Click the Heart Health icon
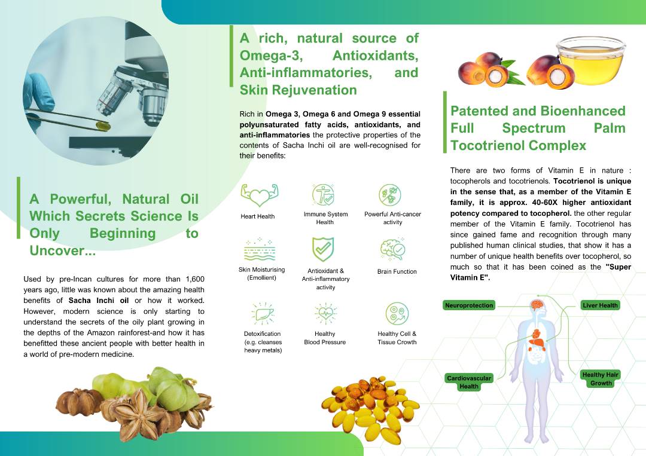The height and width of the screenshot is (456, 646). (x=259, y=195)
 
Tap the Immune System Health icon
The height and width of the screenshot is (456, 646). (x=324, y=195)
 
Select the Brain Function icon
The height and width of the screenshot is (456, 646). (x=392, y=249)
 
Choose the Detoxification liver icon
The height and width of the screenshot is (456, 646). (x=263, y=314)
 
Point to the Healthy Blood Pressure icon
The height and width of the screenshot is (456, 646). (x=325, y=314)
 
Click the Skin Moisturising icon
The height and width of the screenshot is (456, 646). (x=260, y=249)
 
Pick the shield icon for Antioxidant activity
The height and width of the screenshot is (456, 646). (x=323, y=249)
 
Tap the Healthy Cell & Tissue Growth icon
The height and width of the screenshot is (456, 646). (x=397, y=314)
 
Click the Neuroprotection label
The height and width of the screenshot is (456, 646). (x=469, y=305)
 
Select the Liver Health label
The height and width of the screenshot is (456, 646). (x=600, y=305)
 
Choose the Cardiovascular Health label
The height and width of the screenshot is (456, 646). (x=469, y=382)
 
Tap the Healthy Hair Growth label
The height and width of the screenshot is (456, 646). (x=601, y=379)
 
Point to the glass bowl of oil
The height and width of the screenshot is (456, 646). (x=591, y=60)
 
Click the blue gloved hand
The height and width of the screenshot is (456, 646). (x=38, y=98)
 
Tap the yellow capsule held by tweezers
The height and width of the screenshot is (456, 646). (x=103, y=126)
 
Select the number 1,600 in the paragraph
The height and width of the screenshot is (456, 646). (x=195, y=279)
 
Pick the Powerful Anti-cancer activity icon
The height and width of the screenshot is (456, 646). (x=390, y=195)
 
